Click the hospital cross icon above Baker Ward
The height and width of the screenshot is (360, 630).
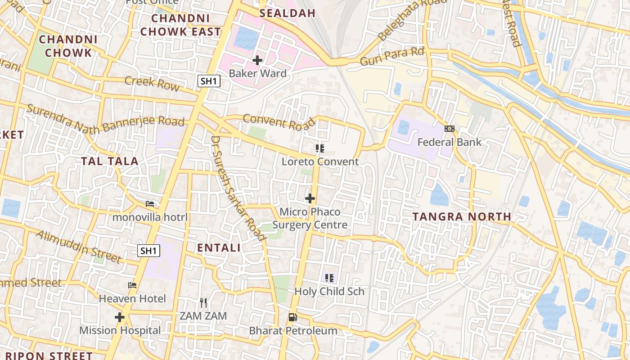[257, 60]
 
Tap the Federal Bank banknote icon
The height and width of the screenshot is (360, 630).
[449, 129]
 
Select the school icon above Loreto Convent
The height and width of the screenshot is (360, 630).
[320, 148]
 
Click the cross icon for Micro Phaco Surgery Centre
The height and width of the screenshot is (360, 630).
[310, 198]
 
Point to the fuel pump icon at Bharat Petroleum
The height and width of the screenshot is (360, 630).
[293, 317]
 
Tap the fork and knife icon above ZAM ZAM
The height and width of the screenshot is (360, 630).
[203, 302]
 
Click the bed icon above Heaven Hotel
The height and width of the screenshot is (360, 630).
[132, 285]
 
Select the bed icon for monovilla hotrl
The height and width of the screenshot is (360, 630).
[150, 204]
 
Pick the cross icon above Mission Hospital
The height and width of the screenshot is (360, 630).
[120, 317]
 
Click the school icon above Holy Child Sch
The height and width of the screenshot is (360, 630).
[329, 278]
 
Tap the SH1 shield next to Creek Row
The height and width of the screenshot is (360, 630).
[209, 81]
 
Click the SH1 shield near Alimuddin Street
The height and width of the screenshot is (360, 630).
[148, 251]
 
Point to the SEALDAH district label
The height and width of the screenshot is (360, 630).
[288, 13]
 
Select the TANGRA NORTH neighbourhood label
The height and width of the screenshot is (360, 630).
[462, 216]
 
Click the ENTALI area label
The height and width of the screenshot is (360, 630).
[219, 247]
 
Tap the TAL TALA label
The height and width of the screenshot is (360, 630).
[109, 161]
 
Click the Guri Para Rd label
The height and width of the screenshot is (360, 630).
[392, 56]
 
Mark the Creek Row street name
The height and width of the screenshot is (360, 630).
[152, 83]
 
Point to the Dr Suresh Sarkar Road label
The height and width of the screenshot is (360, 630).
[238, 189]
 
